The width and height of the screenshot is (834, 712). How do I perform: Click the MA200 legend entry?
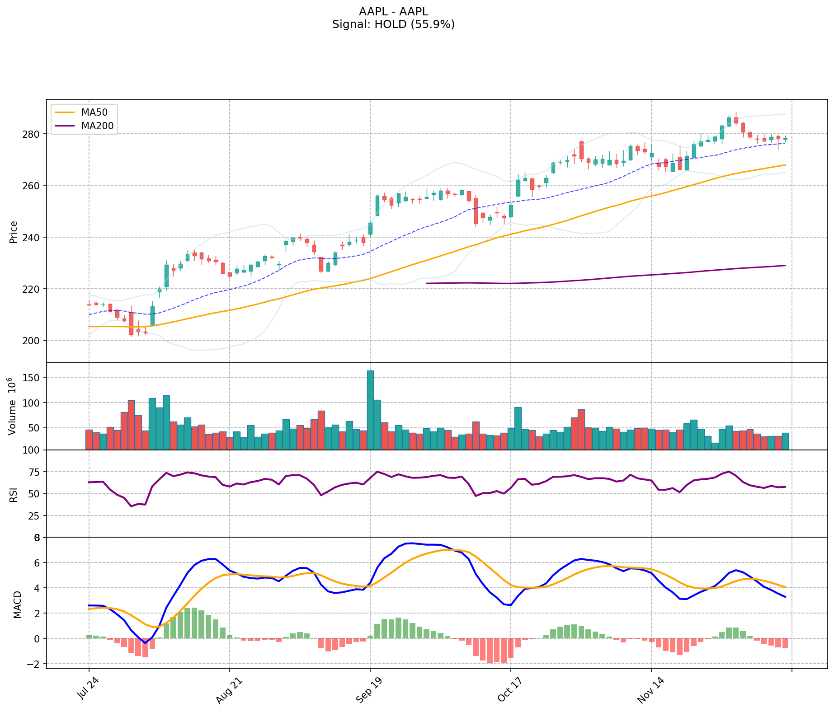click(x=97, y=126)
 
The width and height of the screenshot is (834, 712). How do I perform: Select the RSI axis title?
click(x=13, y=494)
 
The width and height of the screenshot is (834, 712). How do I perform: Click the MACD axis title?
click(x=17, y=604)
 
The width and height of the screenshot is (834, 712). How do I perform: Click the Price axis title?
click(x=13, y=232)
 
